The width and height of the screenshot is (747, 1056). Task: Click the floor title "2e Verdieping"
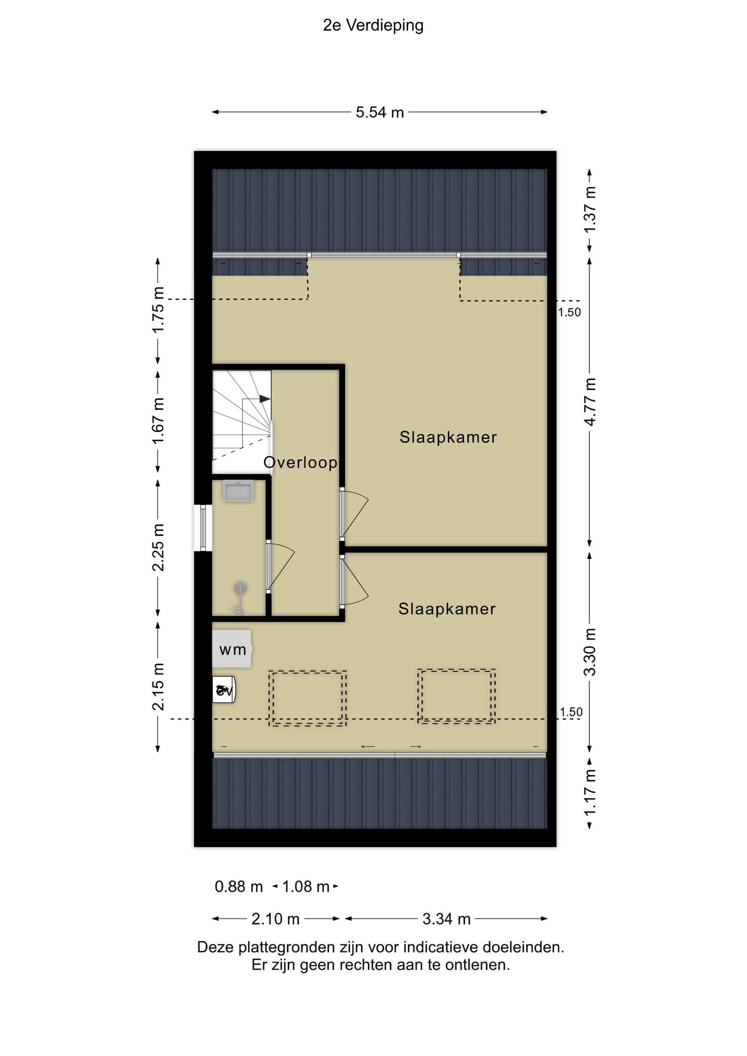pyautogui.click(x=373, y=26)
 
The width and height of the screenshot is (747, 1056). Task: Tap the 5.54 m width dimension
pyautogui.click(x=380, y=112)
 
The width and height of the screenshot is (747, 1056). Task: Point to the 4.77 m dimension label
pyautogui.click(x=590, y=402)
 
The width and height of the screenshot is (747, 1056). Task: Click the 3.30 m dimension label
pyautogui.click(x=590, y=652)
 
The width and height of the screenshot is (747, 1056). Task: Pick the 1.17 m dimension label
pyautogui.click(x=590, y=793)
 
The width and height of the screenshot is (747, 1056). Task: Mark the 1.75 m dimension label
pyautogui.click(x=158, y=310)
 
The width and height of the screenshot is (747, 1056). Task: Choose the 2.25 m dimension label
pyautogui.click(x=158, y=548)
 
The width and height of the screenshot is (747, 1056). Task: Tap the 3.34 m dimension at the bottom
pyautogui.click(x=446, y=919)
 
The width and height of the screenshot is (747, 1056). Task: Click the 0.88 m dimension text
pyautogui.click(x=239, y=887)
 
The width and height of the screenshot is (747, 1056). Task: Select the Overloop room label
pyautogui.click(x=300, y=463)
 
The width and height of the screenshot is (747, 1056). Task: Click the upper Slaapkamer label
pyautogui.click(x=448, y=437)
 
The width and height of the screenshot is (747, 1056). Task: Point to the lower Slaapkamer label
pyautogui.click(x=447, y=609)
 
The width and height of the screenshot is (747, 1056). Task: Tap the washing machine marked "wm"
pyautogui.click(x=232, y=649)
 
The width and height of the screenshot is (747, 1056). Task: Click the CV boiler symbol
pyautogui.click(x=224, y=690)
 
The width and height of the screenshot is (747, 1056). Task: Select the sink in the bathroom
pyautogui.click(x=238, y=491)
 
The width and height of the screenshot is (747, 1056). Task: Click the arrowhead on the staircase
pyautogui.click(x=265, y=399)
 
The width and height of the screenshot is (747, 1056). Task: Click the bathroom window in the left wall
pyautogui.click(x=203, y=528)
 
